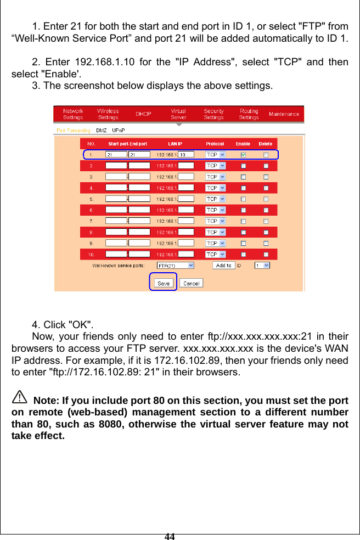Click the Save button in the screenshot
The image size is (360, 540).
164,283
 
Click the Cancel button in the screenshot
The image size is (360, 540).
191,283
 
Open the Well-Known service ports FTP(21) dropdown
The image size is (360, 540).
176,265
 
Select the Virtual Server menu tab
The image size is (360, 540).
178,114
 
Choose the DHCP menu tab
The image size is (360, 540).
144,114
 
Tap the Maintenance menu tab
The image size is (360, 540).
284,114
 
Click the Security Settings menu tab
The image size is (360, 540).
213,114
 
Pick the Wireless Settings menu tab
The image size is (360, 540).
108,114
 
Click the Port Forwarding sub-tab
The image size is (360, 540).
73,131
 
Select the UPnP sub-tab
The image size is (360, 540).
118,131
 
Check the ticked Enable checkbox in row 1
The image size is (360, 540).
243,155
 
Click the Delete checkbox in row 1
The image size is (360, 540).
266,155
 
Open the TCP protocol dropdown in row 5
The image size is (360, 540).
215,199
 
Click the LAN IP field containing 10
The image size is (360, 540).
186,155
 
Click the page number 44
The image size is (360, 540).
170,536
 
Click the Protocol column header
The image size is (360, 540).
215,144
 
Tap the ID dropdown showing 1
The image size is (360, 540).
262,265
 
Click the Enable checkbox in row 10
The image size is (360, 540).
243,254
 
